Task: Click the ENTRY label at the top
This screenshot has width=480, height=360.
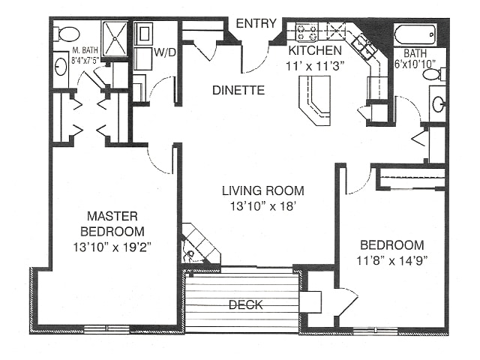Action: coord(256,23)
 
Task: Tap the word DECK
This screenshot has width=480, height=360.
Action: coord(246,305)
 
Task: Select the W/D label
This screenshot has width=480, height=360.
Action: coord(165,52)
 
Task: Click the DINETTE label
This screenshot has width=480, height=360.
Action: coord(238,90)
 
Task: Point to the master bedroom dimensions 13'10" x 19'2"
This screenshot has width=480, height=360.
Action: coord(112,247)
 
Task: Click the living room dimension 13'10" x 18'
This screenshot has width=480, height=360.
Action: coord(263,206)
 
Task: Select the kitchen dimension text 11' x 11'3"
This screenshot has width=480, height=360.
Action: coord(315,66)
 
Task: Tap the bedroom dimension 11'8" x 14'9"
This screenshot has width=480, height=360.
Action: coord(392,261)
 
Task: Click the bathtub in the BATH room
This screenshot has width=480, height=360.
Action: coord(415,34)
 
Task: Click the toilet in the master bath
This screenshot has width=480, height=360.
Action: coord(67,34)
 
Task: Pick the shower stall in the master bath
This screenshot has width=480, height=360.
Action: coord(115,39)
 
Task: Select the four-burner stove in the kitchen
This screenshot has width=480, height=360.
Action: coord(307,31)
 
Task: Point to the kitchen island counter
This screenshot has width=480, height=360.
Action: coord(315,100)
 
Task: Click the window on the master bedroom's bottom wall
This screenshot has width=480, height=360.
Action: coord(106,328)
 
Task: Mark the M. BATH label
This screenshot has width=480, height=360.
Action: coord(85,49)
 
